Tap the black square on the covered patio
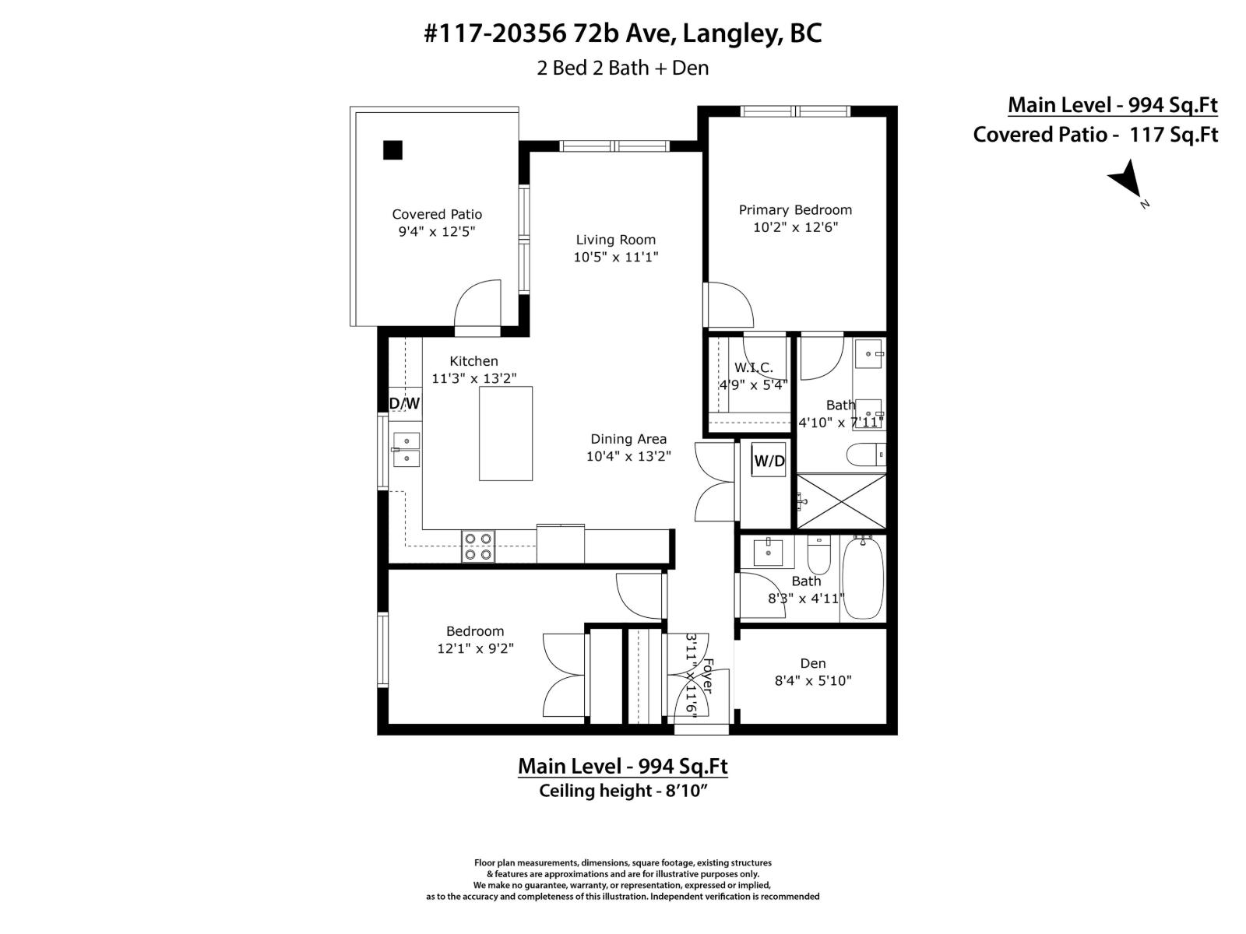[392, 149]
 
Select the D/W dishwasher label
[404, 403]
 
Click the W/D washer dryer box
[769, 461]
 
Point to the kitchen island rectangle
[505, 434]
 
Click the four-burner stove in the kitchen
[477, 546]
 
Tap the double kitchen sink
[406, 450]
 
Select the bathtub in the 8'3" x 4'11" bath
[863, 578]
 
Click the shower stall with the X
[841, 501]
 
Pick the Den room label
[813, 663]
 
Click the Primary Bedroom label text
[795, 209]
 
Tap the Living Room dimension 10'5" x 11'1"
[616, 257]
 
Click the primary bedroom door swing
[730, 305]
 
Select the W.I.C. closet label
[753, 367]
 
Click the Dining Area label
[628, 439]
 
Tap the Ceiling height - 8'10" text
[623, 791]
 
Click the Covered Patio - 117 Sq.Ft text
[1095, 135]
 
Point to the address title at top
[623, 33]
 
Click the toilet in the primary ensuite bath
[866, 455]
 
